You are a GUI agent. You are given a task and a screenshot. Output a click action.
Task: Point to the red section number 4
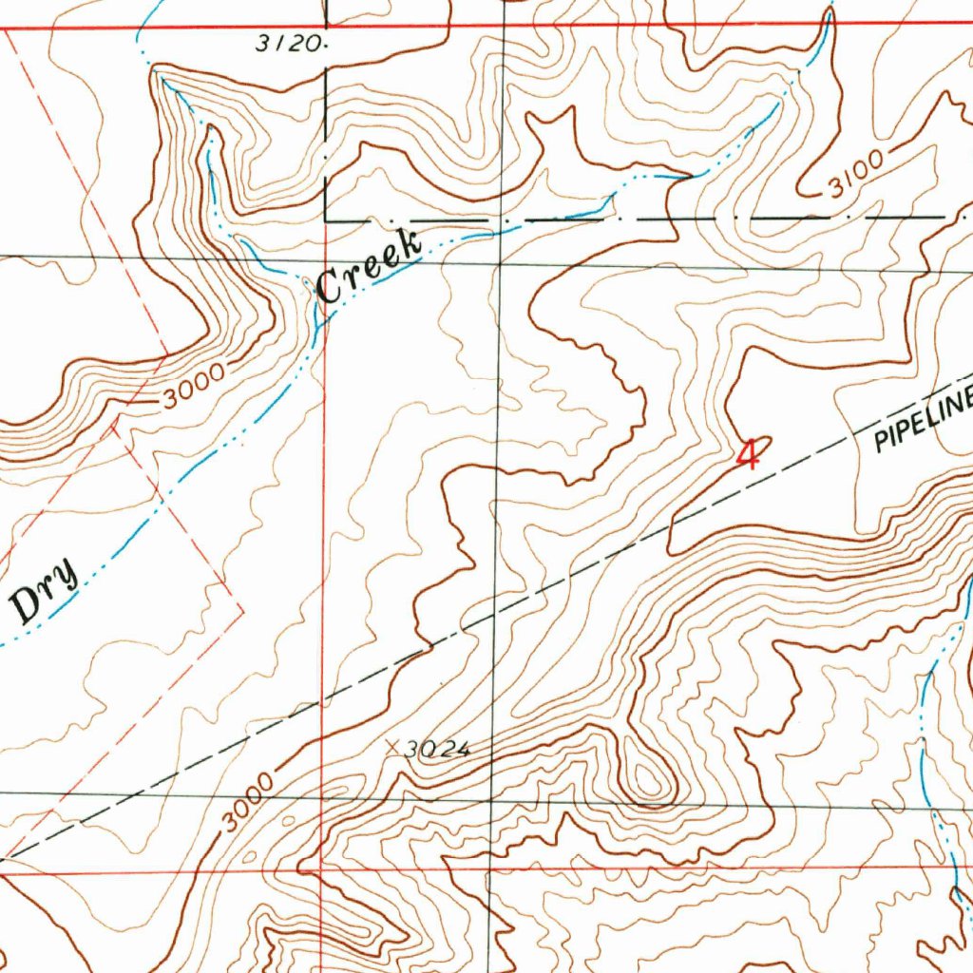coord(749,455)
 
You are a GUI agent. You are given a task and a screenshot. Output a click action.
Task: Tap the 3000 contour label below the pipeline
coord(250,803)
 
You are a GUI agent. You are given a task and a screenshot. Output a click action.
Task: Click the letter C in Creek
coord(330,286)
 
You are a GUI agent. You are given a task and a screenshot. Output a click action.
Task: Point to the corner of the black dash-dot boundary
coord(326,219)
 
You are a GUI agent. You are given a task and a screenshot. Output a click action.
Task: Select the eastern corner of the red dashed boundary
coord(243,604)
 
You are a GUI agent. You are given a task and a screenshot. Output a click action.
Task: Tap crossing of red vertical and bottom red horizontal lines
coord(323,867)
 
